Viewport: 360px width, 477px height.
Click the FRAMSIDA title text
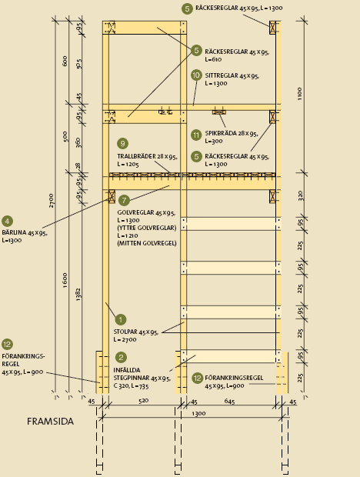pyautogui.click(x=50, y=422)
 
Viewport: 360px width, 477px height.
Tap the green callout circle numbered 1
pyautogui.click(x=121, y=320)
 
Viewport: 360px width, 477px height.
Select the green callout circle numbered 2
pyautogui.click(x=121, y=357)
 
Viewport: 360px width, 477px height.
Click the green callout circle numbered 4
pyautogui.click(x=7, y=221)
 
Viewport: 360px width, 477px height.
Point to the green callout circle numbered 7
pyautogui.click(x=124, y=201)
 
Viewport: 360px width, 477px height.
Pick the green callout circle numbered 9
pyautogui.click(x=122, y=144)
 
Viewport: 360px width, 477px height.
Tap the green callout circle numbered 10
pyautogui.click(x=196, y=75)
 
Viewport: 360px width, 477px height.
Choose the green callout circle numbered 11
pyautogui.click(x=196, y=135)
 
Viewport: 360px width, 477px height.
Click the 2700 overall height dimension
pyautogui.click(x=51, y=201)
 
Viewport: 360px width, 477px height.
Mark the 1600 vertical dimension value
pyautogui.click(x=65, y=281)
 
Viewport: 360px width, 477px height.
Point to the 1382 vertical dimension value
pyautogui.click(x=78, y=295)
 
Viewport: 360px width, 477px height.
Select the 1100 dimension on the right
pyautogui.click(x=300, y=94)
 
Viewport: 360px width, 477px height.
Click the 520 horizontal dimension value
pyautogui.click(x=144, y=401)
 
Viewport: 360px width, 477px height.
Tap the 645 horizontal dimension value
pyautogui.click(x=229, y=402)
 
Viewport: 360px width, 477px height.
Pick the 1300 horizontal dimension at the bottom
pyautogui.click(x=198, y=413)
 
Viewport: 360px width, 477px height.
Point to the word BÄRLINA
pyautogui.click(x=14, y=232)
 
